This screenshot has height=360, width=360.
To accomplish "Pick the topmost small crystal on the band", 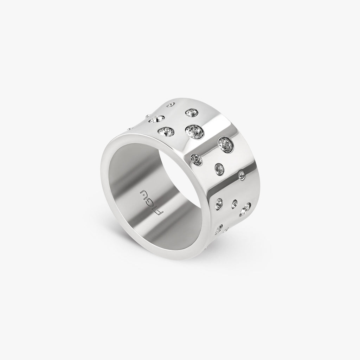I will [x=171, y=104].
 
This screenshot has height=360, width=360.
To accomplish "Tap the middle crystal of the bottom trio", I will [x=234, y=203].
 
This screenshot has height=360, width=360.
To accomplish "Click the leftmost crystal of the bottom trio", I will [x=219, y=202].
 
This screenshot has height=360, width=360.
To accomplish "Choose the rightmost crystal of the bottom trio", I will [x=245, y=209].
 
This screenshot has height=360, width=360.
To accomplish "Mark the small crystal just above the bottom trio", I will [x=242, y=174].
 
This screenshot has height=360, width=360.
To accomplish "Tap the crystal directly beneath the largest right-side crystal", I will [x=220, y=169].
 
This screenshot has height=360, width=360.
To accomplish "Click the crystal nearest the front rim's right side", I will [x=196, y=159].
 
